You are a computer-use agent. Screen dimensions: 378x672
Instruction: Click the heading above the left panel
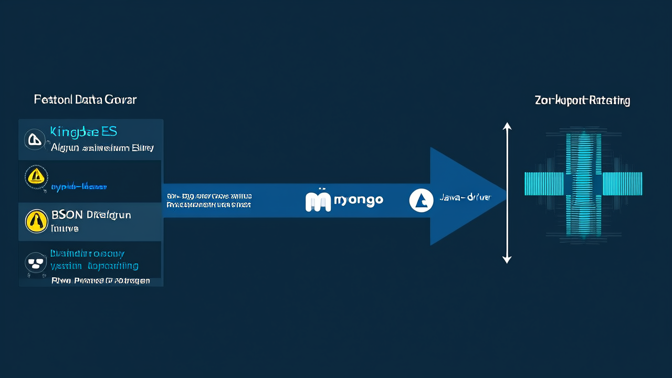coord(85,100)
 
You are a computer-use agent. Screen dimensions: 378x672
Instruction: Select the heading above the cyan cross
coord(582,100)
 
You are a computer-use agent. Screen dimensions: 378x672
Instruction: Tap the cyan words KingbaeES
coord(83,131)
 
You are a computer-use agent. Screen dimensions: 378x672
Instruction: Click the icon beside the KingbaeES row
coord(34,139)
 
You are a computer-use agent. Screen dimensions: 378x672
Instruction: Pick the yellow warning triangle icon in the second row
coord(36,176)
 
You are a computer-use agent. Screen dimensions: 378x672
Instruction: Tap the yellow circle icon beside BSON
coord(37,221)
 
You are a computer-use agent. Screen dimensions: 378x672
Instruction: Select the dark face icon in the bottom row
coord(36,264)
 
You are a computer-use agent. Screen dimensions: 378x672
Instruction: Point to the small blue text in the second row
coord(79,186)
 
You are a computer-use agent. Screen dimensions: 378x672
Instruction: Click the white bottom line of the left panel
coord(100,280)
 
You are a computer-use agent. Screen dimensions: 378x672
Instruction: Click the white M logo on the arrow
coord(318,200)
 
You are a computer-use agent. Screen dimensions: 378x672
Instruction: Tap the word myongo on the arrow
coord(358,200)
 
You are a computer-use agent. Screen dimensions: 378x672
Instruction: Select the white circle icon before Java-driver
coord(421,200)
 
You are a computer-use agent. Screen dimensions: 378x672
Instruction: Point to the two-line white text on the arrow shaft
coord(209,200)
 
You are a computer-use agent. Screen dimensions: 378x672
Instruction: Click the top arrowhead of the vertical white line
coord(507,127)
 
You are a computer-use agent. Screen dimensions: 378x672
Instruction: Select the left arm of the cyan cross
coord(544,184)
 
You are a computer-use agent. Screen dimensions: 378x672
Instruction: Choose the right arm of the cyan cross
coord(622,184)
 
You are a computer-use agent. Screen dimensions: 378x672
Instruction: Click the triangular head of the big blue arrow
coord(462,196)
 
